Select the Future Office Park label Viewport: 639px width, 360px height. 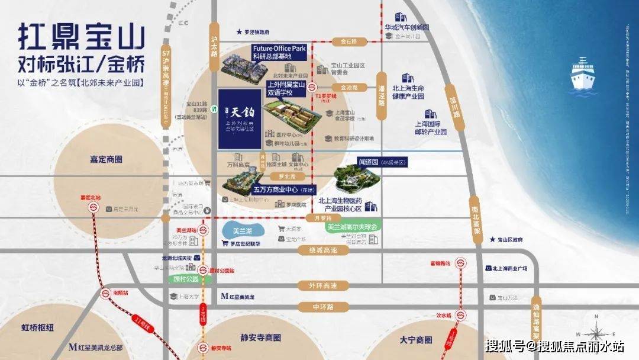tap(279, 49)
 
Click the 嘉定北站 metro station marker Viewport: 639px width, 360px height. tap(93, 207)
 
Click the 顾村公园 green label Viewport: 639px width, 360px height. tap(185, 278)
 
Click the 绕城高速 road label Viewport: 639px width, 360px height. tap(321, 250)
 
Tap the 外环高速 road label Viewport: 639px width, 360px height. tap(321, 286)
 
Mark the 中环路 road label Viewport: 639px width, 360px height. tap(323, 307)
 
